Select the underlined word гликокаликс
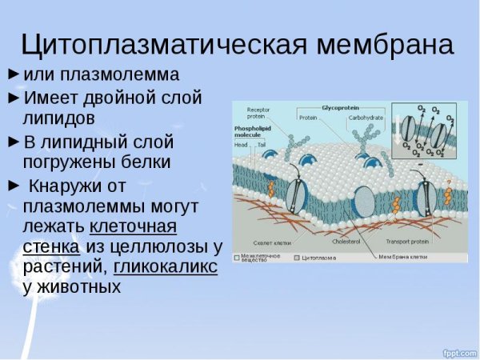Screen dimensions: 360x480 (x=166, y=266)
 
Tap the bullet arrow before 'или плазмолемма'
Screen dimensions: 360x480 (x=14, y=74)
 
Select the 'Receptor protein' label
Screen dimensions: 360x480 (x=258, y=113)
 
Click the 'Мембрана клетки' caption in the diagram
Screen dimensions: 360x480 (x=404, y=257)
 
